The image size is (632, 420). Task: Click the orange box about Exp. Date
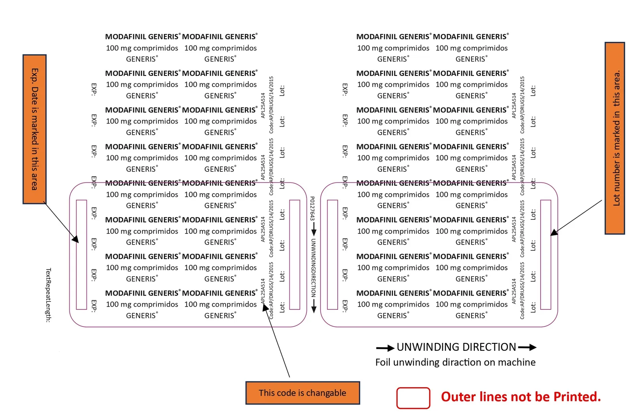pyautogui.click(x=34, y=129)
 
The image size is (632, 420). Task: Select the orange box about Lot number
pyautogui.click(x=615, y=138)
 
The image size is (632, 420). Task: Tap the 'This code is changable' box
pyautogui.click(x=303, y=393)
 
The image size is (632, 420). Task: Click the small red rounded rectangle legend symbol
pyautogui.click(x=413, y=398)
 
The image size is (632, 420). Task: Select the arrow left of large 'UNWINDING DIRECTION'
pyautogui.click(x=385, y=348)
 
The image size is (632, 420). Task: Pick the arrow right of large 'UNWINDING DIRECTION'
pyautogui.click(x=527, y=347)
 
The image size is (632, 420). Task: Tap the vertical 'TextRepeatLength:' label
pyautogui.click(x=49, y=295)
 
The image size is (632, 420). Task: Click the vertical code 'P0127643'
pyautogui.click(x=312, y=209)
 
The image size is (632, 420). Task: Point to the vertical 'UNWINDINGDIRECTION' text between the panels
pyautogui.click(x=314, y=268)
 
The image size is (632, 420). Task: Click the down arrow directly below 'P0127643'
pyautogui.click(x=314, y=229)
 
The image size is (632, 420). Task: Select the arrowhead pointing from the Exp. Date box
pyautogui.click(x=75, y=239)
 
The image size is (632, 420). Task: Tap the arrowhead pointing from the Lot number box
pyautogui.click(x=554, y=232)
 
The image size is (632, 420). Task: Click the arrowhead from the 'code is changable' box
pyautogui.click(x=265, y=307)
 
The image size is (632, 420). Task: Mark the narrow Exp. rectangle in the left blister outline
pyautogui.click(x=81, y=254)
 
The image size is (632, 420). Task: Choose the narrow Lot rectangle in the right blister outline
pyautogui.click(x=545, y=254)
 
